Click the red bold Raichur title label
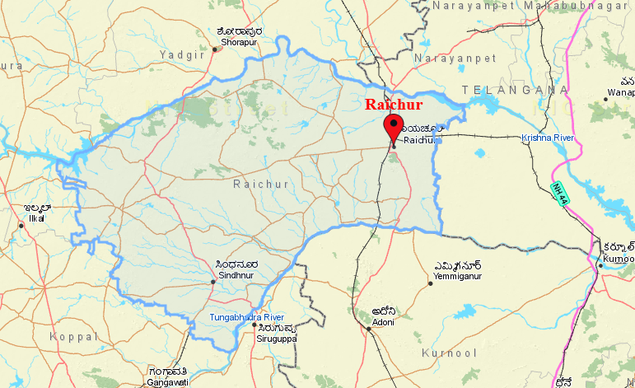pos(394,105)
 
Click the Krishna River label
pos(547,137)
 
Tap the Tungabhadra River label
pos(246,317)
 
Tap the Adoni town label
pos(384,321)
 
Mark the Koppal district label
pos(72,337)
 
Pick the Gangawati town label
pos(167,382)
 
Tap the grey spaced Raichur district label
pos(261,185)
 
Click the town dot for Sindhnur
pos(212,282)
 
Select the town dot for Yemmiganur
pos(430,283)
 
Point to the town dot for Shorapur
pos(215,49)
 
